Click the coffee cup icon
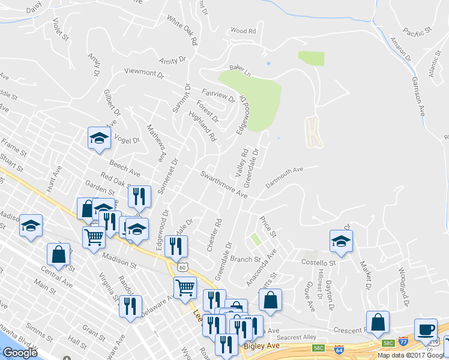pyautogui.click(x=426, y=329)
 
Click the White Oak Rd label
pyautogui.click(x=182, y=31)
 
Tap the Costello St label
pyautogui.click(x=318, y=263)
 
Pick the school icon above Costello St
pyautogui.click(x=341, y=241)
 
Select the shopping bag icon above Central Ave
pyautogui.click(x=59, y=254)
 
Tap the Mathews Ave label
pyautogui.click(x=155, y=143)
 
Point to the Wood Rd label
pyautogui.click(x=243, y=31)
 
